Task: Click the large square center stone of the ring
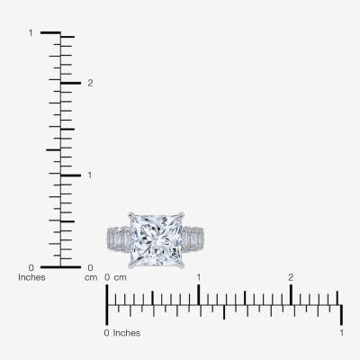[x=157, y=240]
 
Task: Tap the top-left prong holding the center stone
[x=131, y=215]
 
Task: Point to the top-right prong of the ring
[x=181, y=215]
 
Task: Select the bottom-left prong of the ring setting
[x=131, y=265]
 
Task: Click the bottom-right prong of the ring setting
[x=181, y=265]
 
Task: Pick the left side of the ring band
[x=119, y=239]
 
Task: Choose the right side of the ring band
[x=193, y=239]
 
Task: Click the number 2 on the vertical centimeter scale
[x=90, y=83]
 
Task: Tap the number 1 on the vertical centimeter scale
[x=90, y=175]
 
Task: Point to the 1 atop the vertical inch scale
[x=31, y=32]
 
